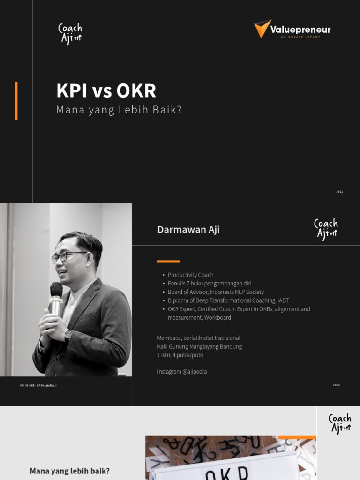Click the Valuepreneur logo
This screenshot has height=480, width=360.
[292, 29]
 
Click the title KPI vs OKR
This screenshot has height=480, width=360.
[106, 90]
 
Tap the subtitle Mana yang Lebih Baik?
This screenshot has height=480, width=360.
[119, 110]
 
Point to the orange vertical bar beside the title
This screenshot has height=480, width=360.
[16, 101]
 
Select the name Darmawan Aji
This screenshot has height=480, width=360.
[188, 229]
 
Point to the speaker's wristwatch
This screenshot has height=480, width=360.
[69, 335]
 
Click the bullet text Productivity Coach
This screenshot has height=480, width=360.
[190, 275]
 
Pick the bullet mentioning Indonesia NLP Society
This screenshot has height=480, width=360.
[216, 292]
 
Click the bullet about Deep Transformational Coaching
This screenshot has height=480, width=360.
[228, 300]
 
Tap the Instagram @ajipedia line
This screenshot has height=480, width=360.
[182, 372]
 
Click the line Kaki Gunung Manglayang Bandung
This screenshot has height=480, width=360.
[199, 346]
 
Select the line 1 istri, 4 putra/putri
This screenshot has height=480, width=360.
[180, 355]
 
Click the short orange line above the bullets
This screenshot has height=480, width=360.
[168, 261]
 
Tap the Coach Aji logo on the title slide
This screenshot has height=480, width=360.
[70, 34]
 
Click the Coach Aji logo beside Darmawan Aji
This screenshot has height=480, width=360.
[326, 229]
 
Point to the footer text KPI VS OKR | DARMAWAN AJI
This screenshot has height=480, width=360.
[38, 385]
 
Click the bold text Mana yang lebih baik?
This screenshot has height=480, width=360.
[69, 471]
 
